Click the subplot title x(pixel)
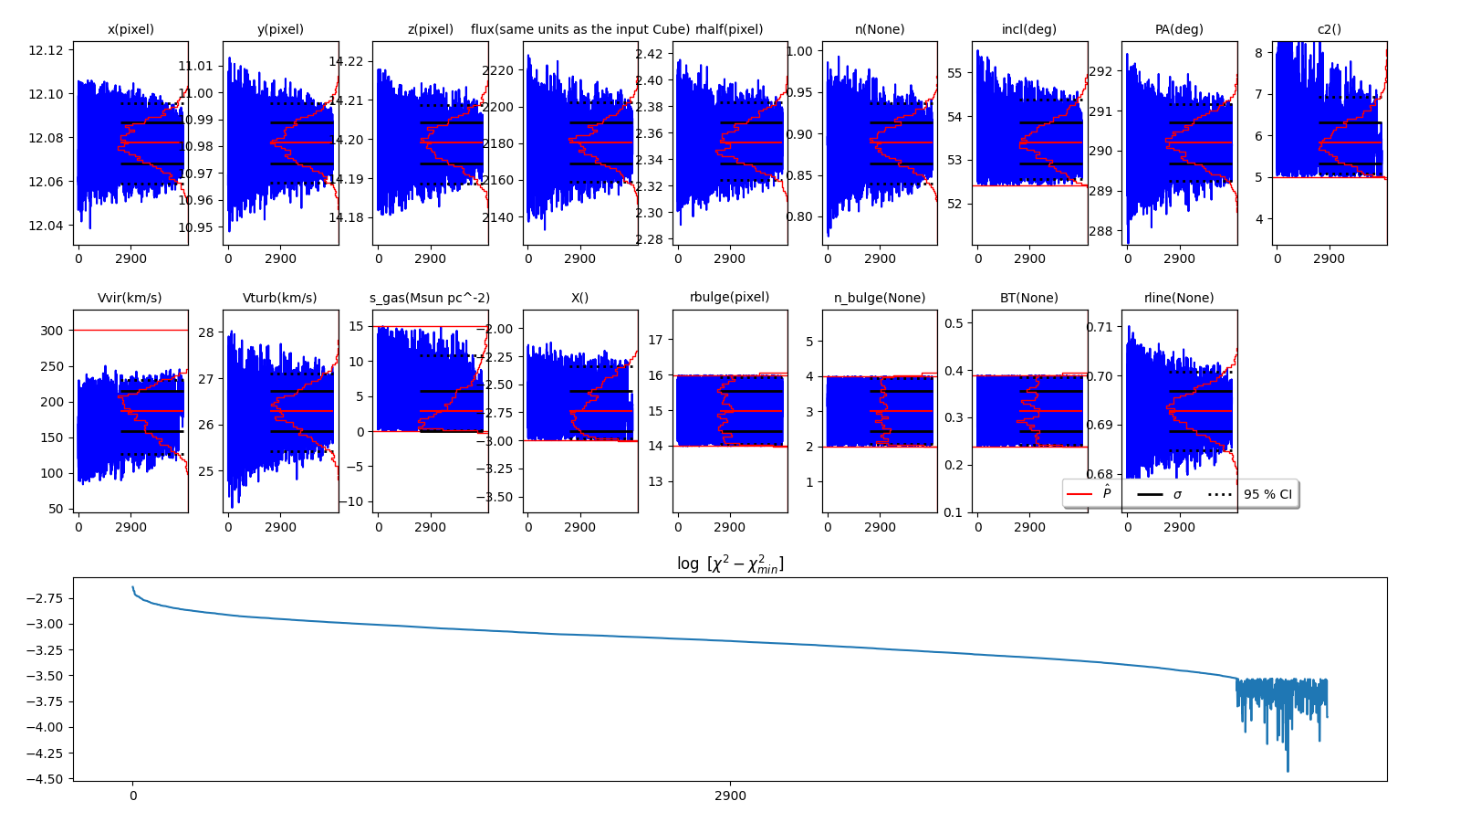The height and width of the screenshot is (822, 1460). point(130,29)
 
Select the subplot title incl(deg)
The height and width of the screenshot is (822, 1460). point(1028,29)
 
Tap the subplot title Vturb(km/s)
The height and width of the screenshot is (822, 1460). point(280,298)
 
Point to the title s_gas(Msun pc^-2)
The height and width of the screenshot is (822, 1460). point(429,298)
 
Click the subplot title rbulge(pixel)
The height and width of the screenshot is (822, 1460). point(729,298)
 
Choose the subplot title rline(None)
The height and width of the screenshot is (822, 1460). point(1179,298)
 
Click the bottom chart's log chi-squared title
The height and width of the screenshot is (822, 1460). point(730,564)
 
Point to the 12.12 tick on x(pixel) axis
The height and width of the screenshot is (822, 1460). point(47,49)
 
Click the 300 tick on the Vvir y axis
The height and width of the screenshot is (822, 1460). point(52,331)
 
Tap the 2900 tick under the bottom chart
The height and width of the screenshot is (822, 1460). point(730,796)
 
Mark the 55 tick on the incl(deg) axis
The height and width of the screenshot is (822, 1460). point(954,73)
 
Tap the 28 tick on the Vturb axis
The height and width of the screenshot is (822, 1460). point(206,332)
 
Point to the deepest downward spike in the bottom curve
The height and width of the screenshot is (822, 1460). point(1288,770)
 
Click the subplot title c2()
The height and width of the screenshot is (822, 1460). point(1329,29)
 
